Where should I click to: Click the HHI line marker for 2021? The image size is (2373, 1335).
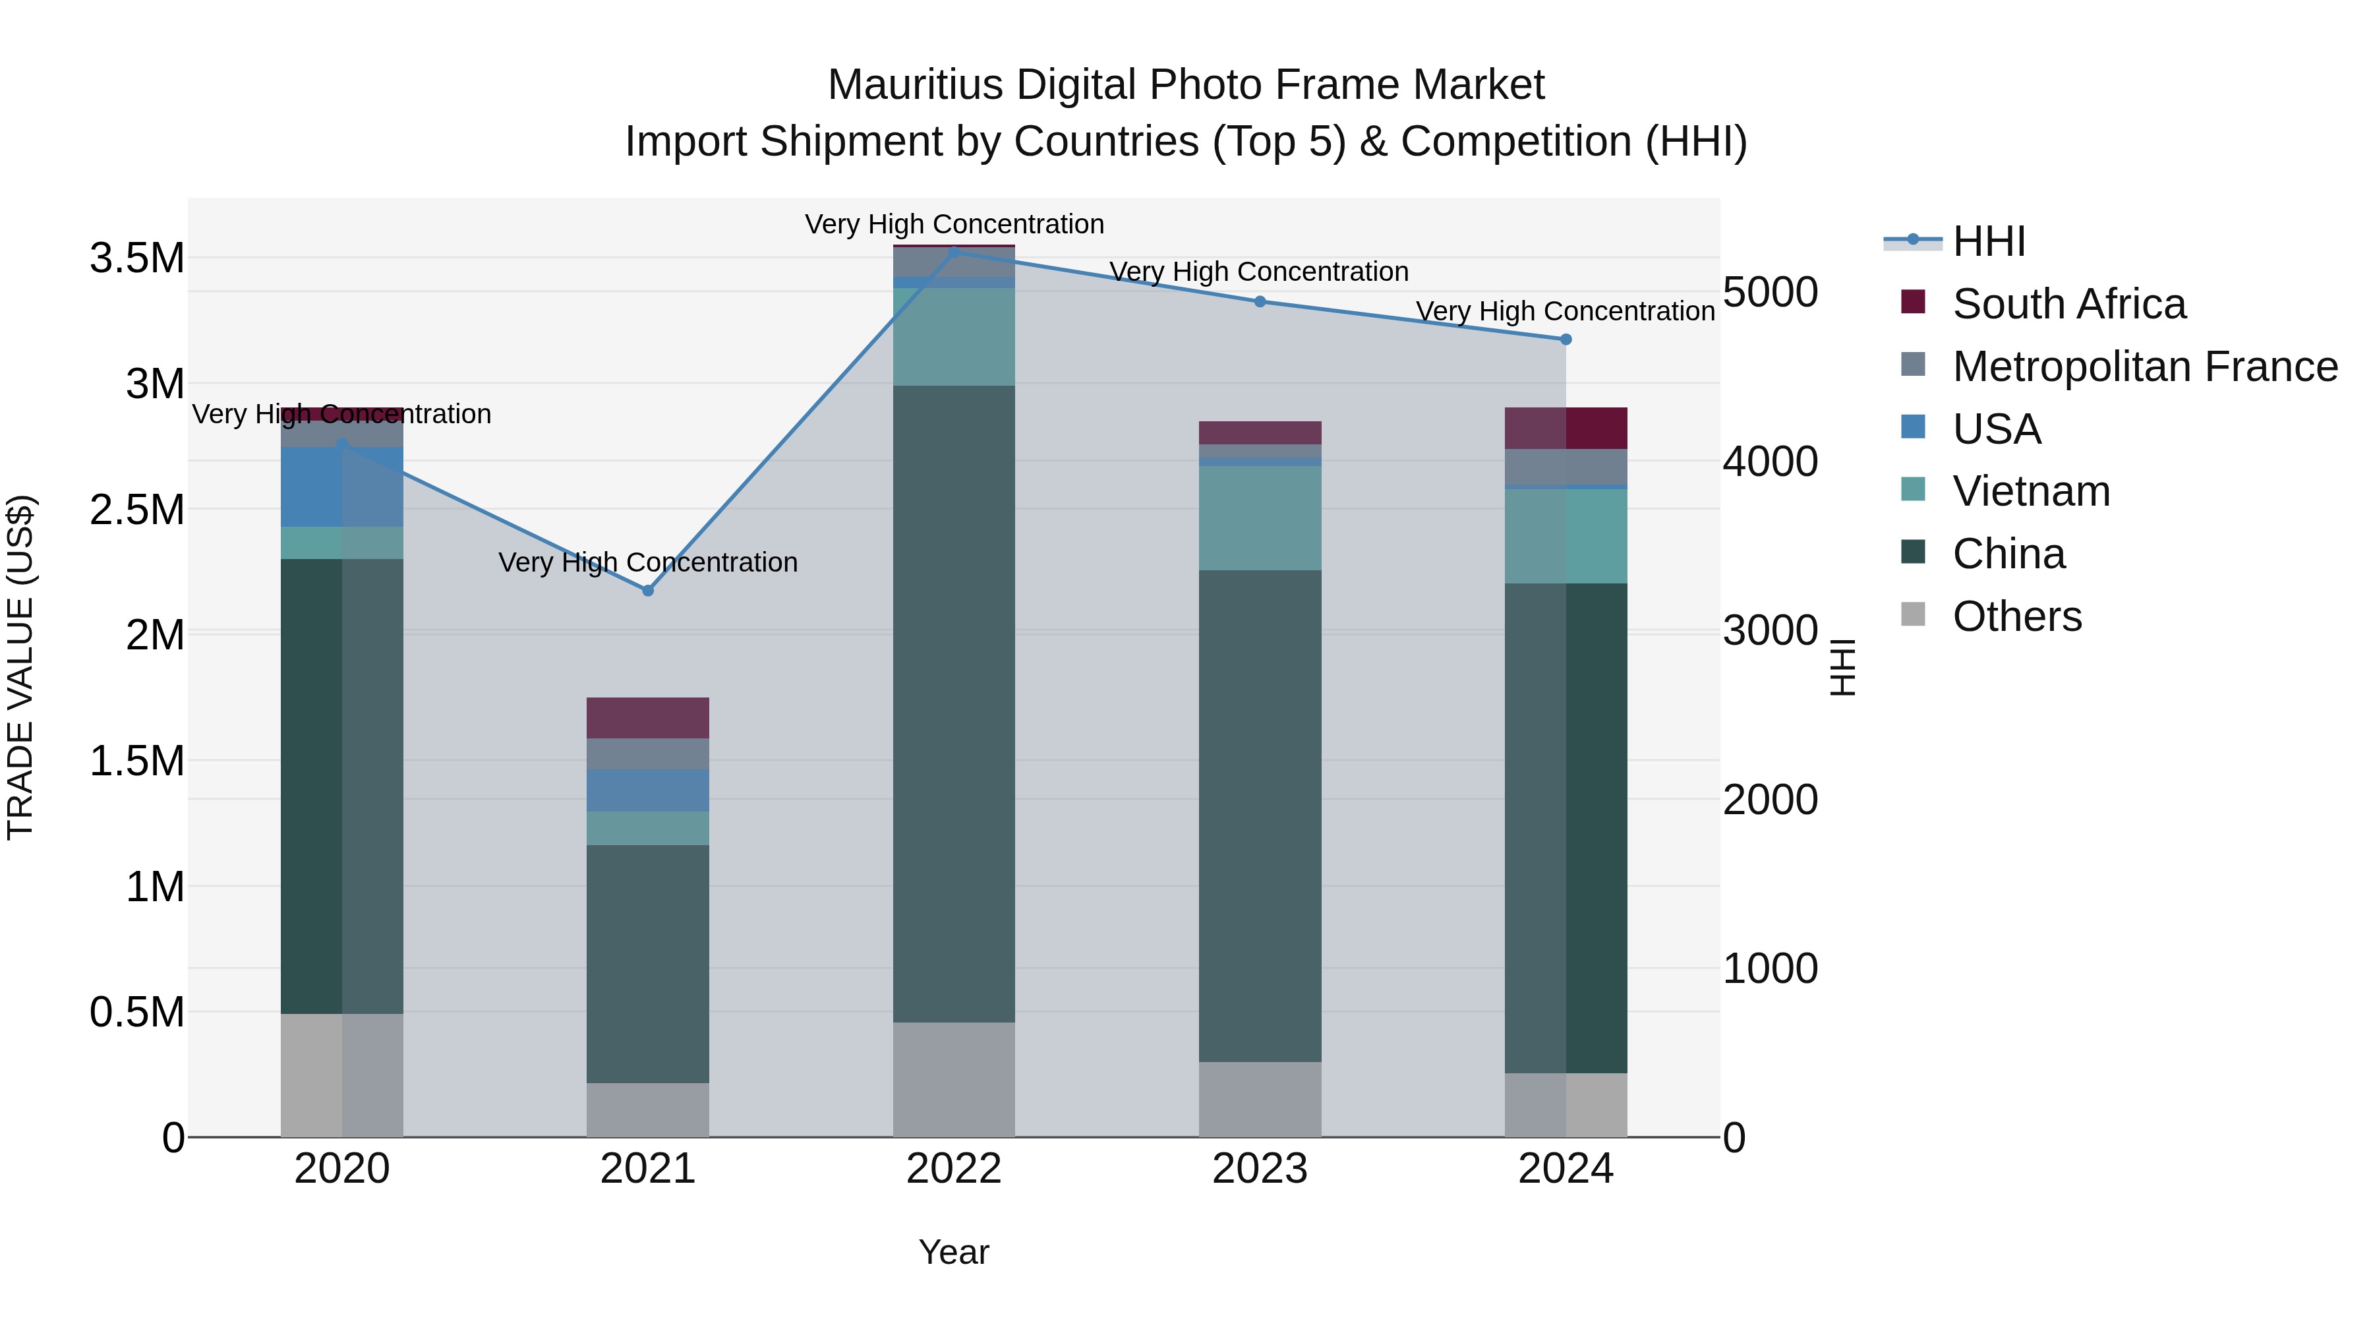[647, 591]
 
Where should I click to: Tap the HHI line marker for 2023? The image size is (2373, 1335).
[1260, 301]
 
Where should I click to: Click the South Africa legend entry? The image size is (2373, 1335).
[2068, 304]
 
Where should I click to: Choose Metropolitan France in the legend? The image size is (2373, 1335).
[2144, 367]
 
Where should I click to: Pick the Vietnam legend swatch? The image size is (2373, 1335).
[1914, 490]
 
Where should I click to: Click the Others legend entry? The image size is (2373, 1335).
[2016, 616]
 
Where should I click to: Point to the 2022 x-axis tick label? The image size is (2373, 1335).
[953, 1169]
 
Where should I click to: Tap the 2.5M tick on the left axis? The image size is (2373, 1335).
[137, 510]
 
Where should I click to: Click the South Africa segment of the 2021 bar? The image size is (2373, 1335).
[647, 718]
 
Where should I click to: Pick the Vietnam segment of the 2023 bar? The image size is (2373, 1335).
[1260, 518]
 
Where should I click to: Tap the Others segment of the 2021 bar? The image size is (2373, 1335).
[647, 1110]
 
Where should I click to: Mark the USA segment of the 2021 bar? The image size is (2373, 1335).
[647, 790]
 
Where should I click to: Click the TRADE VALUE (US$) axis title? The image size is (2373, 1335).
[20, 667]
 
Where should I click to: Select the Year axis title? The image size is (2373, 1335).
[953, 1252]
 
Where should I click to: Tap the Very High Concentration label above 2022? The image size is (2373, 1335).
[953, 224]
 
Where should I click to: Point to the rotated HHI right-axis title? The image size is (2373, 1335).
[1842, 667]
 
